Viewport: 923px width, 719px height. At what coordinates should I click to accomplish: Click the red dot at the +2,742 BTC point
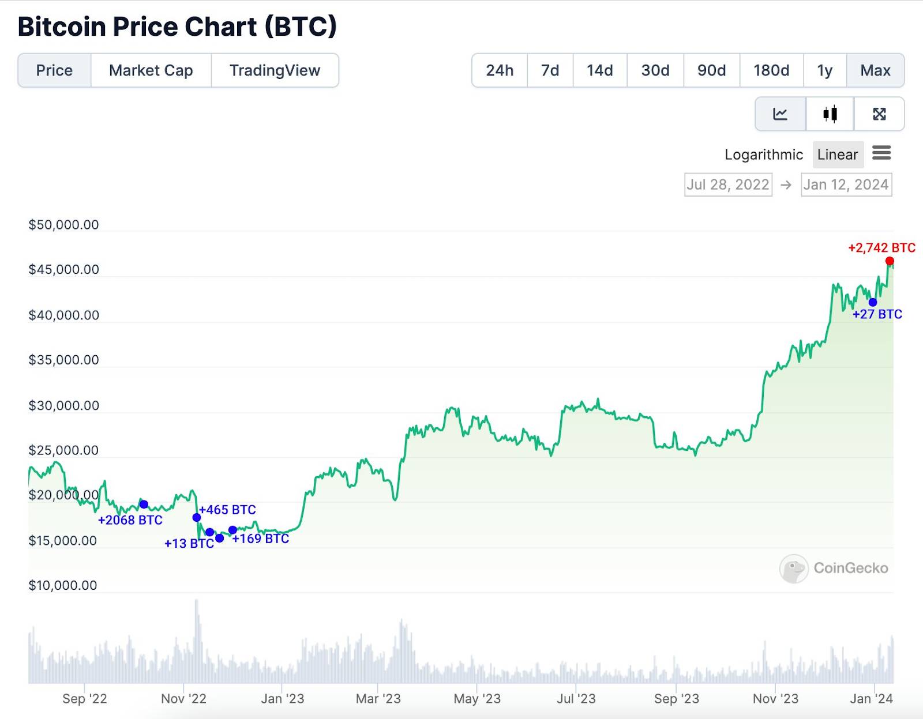pyautogui.click(x=890, y=261)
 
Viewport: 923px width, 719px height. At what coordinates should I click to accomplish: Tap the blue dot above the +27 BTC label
pyautogui.click(x=873, y=302)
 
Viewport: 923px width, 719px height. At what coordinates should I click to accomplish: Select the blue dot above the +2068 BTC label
pyautogui.click(x=144, y=505)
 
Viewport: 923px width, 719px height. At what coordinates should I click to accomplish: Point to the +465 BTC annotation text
pyautogui.click(x=227, y=510)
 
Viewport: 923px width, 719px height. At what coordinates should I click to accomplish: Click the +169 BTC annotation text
pyautogui.click(x=261, y=539)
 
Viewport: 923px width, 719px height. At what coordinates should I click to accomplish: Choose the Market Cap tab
pyautogui.click(x=151, y=70)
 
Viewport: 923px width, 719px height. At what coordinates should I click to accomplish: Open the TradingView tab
pyautogui.click(x=275, y=70)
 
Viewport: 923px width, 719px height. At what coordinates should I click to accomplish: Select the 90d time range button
pyautogui.click(x=711, y=70)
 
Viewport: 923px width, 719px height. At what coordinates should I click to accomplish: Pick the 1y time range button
pyautogui.click(x=824, y=70)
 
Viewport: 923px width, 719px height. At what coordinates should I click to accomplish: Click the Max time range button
pyautogui.click(x=875, y=70)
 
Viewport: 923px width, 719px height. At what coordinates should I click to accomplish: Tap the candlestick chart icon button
pyautogui.click(x=830, y=114)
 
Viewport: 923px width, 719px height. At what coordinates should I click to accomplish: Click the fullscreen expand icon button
pyautogui.click(x=879, y=114)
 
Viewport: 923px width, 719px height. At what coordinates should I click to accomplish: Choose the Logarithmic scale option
pyautogui.click(x=763, y=155)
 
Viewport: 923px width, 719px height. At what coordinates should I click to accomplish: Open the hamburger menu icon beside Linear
pyautogui.click(x=881, y=153)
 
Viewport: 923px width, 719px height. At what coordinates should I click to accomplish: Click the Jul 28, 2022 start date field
pyautogui.click(x=728, y=185)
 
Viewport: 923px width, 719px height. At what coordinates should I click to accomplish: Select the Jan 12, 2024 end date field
pyautogui.click(x=846, y=185)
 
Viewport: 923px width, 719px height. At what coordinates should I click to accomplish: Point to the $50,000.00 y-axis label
pyautogui.click(x=63, y=225)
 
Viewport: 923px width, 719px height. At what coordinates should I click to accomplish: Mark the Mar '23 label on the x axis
pyautogui.click(x=378, y=699)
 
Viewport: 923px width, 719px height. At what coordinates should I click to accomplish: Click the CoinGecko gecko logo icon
pyautogui.click(x=794, y=569)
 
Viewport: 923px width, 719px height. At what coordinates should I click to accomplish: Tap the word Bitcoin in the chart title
pyautogui.click(x=62, y=27)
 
